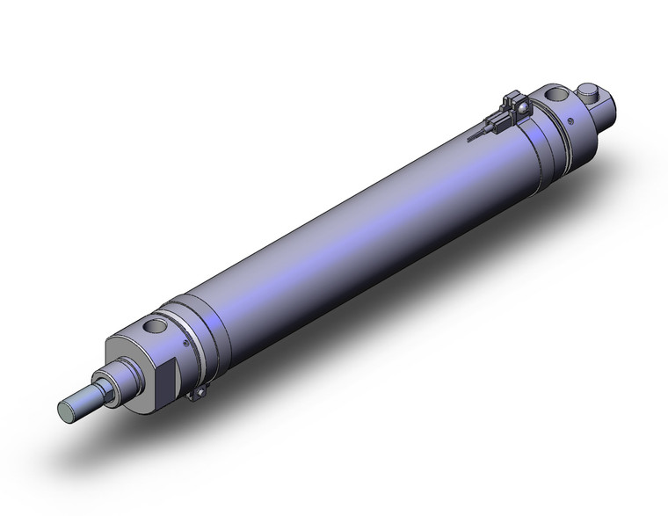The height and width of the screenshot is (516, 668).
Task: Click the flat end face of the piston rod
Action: point(67,410)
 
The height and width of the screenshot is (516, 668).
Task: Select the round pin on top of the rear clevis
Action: point(591,90)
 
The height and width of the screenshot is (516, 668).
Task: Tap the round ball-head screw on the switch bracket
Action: point(520,109)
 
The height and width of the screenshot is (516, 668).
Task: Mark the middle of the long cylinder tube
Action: point(352,229)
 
